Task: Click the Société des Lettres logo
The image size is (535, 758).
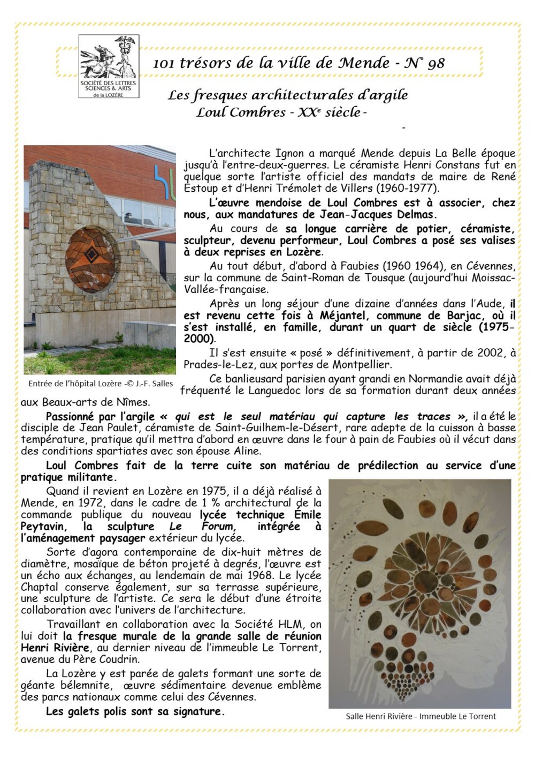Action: point(109,66)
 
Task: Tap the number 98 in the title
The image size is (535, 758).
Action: point(435,63)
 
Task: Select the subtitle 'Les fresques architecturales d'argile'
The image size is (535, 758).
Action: point(288,95)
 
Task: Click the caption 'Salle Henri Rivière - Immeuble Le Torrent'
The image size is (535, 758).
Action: point(421,716)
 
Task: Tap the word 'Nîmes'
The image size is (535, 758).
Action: point(135,402)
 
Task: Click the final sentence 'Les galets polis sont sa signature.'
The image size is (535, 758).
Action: point(135,711)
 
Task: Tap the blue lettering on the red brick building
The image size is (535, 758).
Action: point(165,183)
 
